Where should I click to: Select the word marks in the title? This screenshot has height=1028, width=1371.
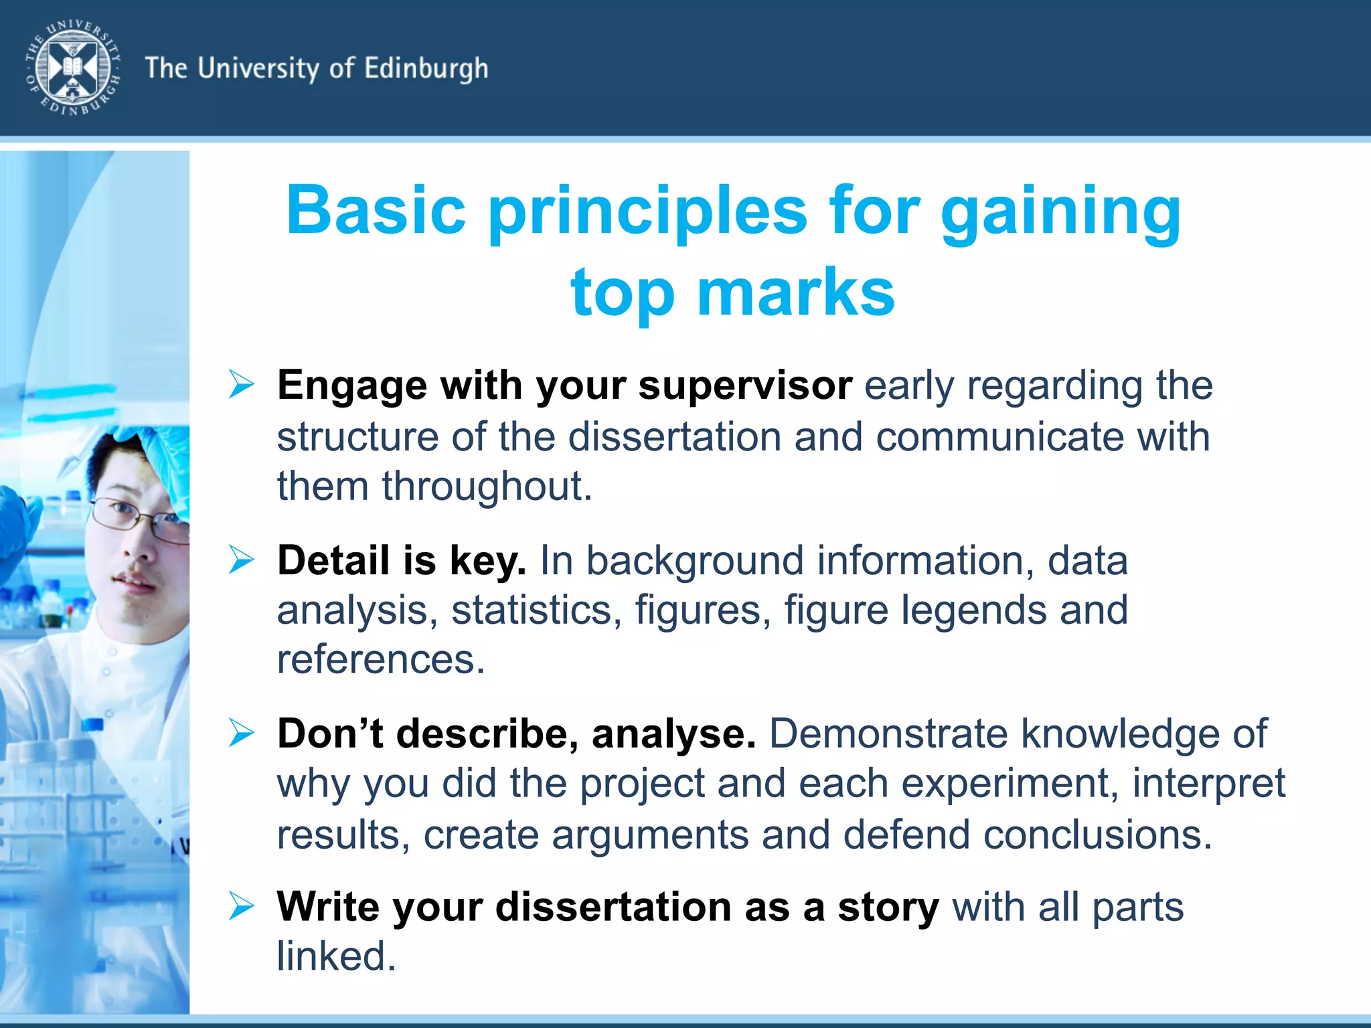click(796, 292)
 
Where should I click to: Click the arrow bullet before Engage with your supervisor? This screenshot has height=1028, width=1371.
click(241, 385)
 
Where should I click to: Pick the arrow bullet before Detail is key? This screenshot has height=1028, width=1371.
click(241, 560)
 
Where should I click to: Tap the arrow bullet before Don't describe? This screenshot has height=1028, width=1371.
click(241, 733)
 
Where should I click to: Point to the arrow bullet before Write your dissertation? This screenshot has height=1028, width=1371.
click(241, 906)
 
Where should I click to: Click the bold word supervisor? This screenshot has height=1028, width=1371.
click(745, 386)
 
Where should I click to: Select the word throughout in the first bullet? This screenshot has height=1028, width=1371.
click(487, 487)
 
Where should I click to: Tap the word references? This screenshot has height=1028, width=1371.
click(380, 660)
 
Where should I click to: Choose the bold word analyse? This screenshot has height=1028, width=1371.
click(673, 734)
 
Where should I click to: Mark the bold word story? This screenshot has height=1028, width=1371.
click(888, 908)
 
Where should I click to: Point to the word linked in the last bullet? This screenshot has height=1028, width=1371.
click(336, 956)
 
